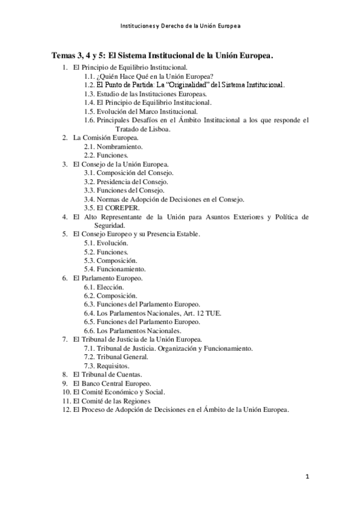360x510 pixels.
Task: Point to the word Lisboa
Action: point(157,129)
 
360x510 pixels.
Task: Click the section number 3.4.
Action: point(90,199)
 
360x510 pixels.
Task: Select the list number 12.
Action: point(66,410)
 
